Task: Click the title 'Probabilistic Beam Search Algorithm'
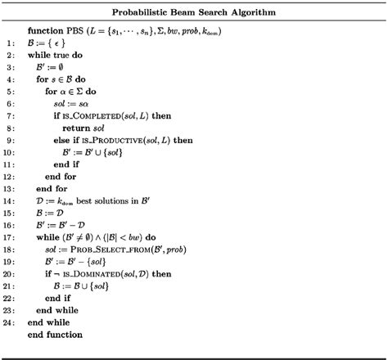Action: [x=194, y=14]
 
